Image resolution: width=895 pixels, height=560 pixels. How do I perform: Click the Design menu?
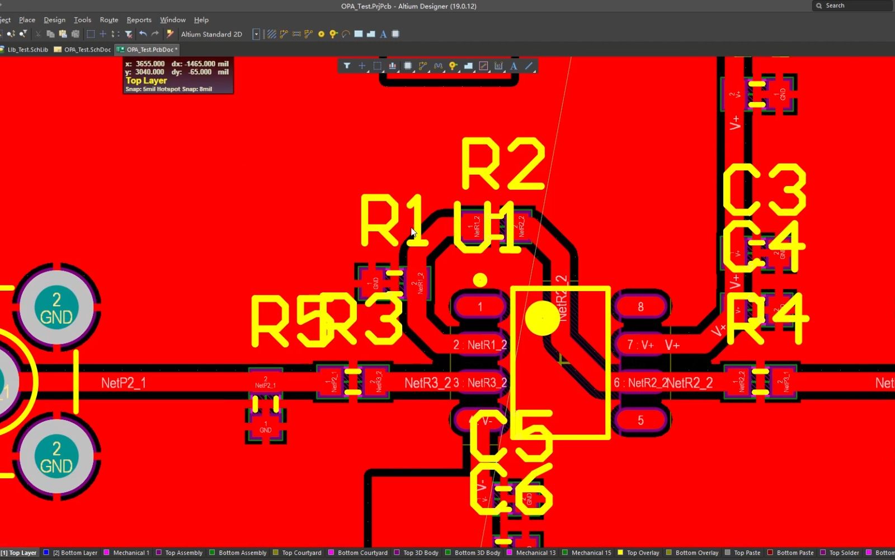54,20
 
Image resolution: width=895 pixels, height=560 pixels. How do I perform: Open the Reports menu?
139,20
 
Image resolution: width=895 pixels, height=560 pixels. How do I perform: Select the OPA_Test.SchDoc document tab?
87,49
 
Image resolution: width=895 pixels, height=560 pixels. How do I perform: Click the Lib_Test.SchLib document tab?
27,49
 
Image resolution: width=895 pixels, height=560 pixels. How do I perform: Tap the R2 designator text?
502,165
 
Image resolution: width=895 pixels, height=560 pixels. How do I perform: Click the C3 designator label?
764,190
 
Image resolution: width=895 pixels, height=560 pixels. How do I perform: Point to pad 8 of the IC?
640,307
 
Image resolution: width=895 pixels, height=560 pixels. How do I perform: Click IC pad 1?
479,307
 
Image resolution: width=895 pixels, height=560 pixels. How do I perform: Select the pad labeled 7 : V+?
640,345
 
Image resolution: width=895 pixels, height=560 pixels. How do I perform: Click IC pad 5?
640,420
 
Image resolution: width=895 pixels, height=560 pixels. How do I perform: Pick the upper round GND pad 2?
56,308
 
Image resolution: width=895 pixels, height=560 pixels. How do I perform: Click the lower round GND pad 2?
56,457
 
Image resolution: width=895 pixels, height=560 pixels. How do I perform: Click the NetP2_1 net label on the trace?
124,383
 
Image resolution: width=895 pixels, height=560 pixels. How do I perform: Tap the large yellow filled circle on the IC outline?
542,318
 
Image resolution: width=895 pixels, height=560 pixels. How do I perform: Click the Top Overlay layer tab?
643,553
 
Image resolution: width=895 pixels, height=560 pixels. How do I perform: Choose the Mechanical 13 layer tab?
535,553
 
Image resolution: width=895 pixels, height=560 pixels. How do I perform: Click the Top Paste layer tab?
747,553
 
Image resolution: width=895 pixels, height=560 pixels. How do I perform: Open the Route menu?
109,20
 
